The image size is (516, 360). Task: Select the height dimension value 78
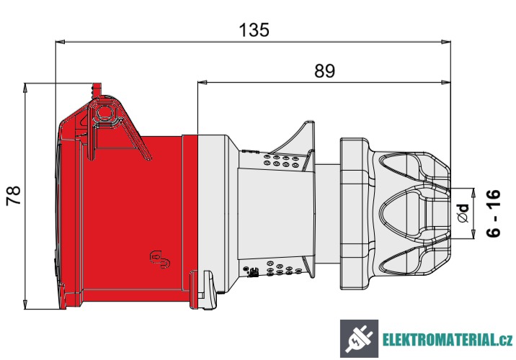(14, 196)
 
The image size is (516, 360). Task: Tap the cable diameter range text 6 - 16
(494, 213)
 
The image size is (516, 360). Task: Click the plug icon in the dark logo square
(358, 338)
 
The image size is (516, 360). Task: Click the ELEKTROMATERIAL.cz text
(447, 339)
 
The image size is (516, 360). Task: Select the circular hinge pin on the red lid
(105, 113)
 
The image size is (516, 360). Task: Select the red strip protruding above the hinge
(94, 89)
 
